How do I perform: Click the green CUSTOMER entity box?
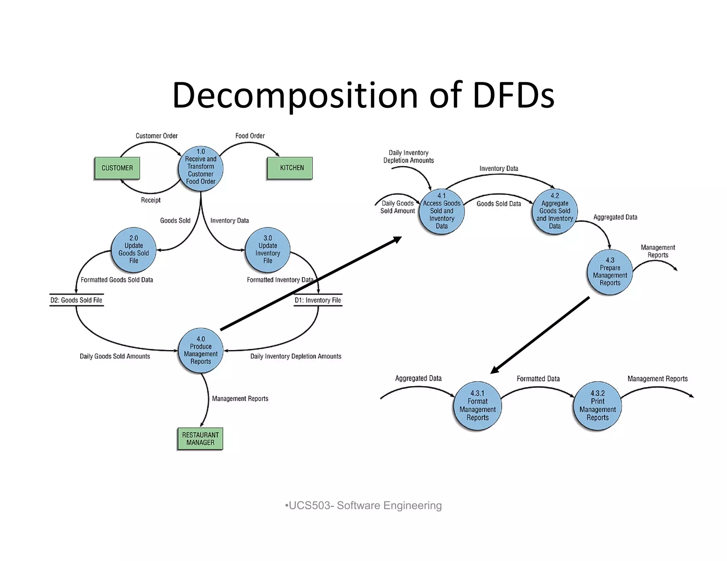pyautogui.click(x=117, y=168)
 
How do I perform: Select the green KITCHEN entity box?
pyautogui.click(x=290, y=168)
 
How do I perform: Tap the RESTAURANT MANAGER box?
pyautogui.click(x=200, y=439)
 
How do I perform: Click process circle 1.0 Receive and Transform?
pyautogui.click(x=201, y=168)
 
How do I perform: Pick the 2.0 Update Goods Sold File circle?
pyautogui.click(x=133, y=250)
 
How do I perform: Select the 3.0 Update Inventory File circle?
pyautogui.click(x=268, y=250)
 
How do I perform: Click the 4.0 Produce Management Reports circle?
pyautogui.click(x=201, y=350)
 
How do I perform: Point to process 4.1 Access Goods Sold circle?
pyautogui.click(x=442, y=211)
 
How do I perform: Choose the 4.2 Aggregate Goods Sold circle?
pyautogui.click(x=554, y=211)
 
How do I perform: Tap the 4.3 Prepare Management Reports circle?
pyautogui.click(x=610, y=272)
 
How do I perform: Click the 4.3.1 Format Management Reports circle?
pyautogui.click(x=477, y=406)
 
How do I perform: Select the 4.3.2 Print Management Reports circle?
pyautogui.click(x=597, y=406)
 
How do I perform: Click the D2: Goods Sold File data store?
pyautogui.click(x=76, y=300)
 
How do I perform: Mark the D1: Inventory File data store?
pyautogui.click(x=318, y=300)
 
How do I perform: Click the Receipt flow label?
pyautogui.click(x=151, y=200)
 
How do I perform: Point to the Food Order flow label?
pyautogui.click(x=250, y=136)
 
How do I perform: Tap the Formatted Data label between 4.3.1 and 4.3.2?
pyautogui.click(x=538, y=379)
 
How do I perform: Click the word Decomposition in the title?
pyautogui.click(x=295, y=95)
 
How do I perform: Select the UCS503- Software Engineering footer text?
pyautogui.click(x=363, y=505)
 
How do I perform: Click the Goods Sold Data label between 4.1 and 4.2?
pyautogui.click(x=499, y=204)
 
